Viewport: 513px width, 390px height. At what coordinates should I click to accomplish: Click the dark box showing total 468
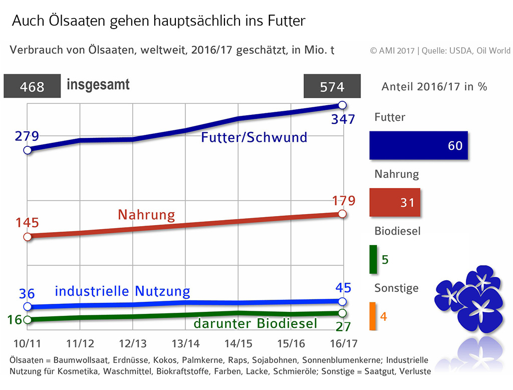point(32,87)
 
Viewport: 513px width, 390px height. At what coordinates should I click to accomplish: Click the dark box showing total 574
point(332,87)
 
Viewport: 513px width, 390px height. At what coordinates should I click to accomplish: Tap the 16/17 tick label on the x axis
point(342,343)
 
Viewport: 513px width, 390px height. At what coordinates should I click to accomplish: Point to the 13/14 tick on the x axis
point(185,343)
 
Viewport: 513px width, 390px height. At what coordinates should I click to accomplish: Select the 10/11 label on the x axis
point(27,343)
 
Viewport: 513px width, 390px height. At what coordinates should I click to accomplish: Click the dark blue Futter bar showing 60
point(418,145)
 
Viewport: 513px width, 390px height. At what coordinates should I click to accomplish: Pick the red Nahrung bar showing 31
point(395,203)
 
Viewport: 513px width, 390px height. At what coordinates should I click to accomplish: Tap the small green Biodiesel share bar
point(373,259)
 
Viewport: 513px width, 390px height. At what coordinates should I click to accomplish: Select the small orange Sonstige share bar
point(373,316)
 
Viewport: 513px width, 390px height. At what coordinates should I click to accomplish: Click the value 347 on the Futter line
point(343,119)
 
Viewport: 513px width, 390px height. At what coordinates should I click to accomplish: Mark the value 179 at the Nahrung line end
point(343,201)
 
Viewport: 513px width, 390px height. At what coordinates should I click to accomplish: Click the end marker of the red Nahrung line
point(343,214)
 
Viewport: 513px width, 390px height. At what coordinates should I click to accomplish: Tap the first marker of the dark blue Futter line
point(27,150)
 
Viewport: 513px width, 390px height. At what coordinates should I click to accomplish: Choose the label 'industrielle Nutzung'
point(122,291)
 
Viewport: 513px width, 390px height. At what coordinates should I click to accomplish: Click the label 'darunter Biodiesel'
point(255,324)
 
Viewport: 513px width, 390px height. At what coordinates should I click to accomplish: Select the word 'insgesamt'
point(98,85)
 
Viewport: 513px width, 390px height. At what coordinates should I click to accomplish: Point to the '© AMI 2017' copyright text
point(393,51)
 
